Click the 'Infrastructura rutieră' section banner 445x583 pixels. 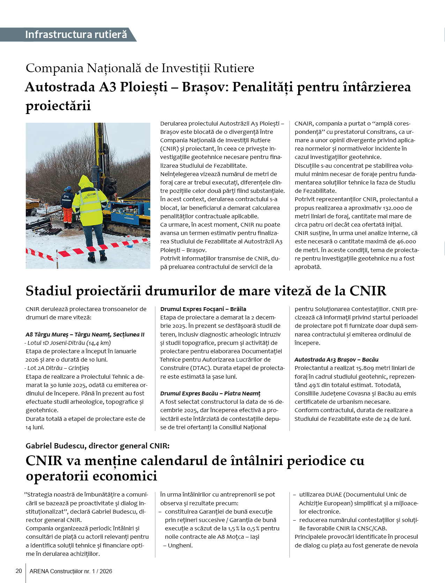pos(76,35)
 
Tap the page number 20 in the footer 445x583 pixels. pos(19,571)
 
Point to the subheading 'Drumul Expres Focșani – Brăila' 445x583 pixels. pos(203,309)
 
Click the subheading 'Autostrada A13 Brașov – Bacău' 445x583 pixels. pos(336,359)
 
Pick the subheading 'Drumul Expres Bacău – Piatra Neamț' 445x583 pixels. pos(210,393)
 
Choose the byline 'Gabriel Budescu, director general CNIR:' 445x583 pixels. pos(98,446)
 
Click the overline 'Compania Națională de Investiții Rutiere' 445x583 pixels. pos(140,68)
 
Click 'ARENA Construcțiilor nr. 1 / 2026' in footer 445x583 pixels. pos(71,571)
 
